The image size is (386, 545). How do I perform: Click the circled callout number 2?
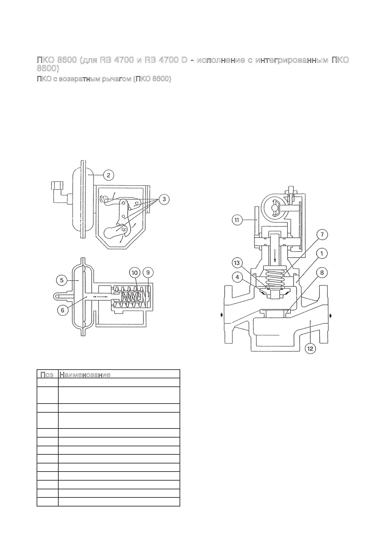click(x=109, y=175)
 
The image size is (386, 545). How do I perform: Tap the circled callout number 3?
click(x=164, y=199)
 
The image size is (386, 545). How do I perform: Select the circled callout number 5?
click(x=62, y=280)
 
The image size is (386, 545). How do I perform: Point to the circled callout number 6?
click(x=63, y=310)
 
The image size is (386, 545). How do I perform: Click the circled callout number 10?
click(x=135, y=272)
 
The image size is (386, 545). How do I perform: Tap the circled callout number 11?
click(x=237, y=220)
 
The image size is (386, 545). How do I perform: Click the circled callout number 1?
click(x=322, y=254)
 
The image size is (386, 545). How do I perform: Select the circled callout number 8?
click(x=322, y=272)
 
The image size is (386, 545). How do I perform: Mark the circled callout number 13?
click(x=237, y=262)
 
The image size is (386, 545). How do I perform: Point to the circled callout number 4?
click(x=237, y=277)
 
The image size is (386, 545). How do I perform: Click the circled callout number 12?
click(x=310, y=349)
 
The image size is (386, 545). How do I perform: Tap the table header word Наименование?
click(x=85, y=375)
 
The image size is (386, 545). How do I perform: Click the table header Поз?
click(x=47, y=375)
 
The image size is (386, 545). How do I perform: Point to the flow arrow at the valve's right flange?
click(x=330, y=315)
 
